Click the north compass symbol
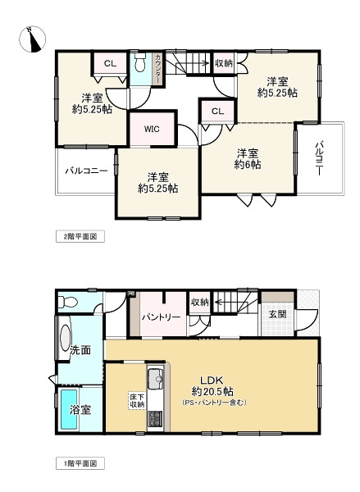click(x=30, y=38)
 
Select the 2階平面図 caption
click(x=81, y=236)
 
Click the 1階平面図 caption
click(x=81, y=464)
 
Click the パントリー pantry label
click(x=160, y=317)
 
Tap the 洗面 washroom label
click(x=80, y=348)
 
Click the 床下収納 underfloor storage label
click(x=136, y=400)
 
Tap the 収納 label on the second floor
click(x=224, y=63)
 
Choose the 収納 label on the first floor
click(x=199, y=303)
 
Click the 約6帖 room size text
click(x=248, y=165)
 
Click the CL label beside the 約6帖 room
click(x=217, y=112)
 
